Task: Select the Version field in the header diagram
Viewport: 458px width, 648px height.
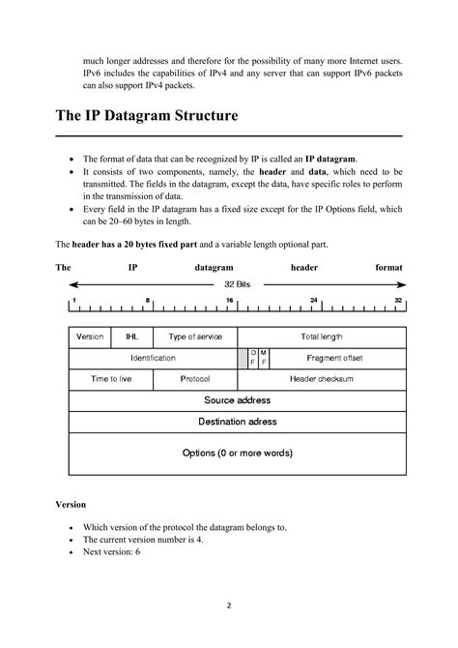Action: tap(90, 337)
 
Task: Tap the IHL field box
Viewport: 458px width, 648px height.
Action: tap(131, 337)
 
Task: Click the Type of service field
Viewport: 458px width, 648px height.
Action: tap(195, 337)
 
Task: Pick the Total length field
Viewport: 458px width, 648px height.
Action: tap(322, 337)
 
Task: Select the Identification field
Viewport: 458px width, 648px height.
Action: tap(154, 358)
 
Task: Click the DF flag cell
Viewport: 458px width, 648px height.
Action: tap(253, 358)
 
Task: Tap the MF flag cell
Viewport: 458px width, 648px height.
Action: tap(264, 358)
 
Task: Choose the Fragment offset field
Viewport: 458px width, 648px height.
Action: tap(334, 358)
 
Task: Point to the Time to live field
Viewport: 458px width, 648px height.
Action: tap(112, 379)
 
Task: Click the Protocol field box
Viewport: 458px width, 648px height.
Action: tap(195, 379)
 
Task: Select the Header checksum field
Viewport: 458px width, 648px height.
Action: tap(322, 379)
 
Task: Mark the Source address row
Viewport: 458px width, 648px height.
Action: tap(238, 400)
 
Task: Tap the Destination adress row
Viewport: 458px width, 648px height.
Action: tap(238, 422)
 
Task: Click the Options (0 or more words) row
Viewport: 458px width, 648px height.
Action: tap(238, 453)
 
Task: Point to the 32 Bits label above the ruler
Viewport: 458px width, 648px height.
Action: tap(238, 285)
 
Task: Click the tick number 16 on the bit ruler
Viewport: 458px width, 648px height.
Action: tap(229, 301)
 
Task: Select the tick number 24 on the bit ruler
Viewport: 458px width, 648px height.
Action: tap(314, 301)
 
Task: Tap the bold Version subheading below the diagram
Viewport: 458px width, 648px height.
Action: tap(71, 504)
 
